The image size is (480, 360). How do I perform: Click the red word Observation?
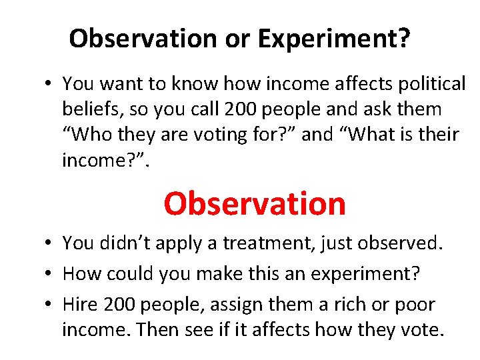(x=255, y=204)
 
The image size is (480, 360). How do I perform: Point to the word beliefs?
(x=93, y=109)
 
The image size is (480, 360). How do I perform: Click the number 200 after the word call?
(x=231, y=109)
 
